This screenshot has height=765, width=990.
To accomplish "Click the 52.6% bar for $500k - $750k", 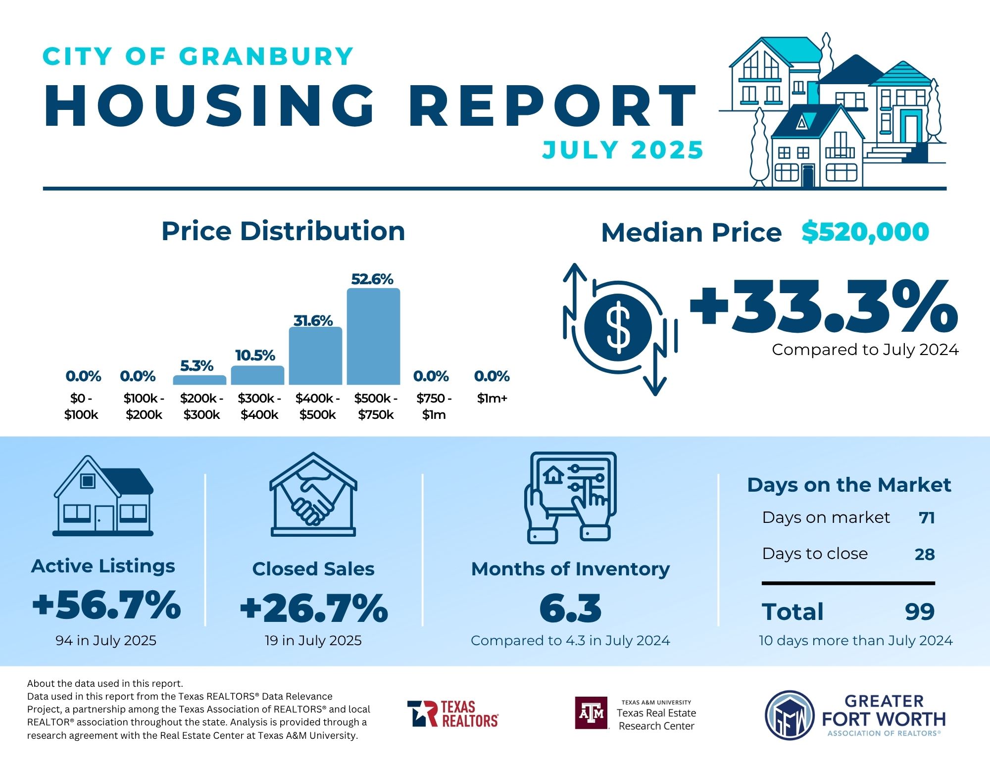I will pyautogui.click(x=373, y=337).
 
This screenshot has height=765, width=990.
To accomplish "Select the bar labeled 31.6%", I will pyautogui.click(x=315, y=356).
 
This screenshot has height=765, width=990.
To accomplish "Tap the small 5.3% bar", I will pyautogui.click(x=199, y=380).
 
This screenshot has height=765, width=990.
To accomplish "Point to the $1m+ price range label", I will pyautogui.click(x=492, y=398).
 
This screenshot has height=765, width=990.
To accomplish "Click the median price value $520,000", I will pyautogui.click(x=865, y=232).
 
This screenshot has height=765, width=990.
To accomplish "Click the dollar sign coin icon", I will pyautogui.click(x=618, y=327).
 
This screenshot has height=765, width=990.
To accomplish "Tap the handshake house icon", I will pyautogui.click(x=313, y=495).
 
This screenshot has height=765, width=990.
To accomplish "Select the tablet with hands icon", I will pyautogui.click(x=571, y=497).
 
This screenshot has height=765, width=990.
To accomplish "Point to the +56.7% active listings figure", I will pyautogui.click(x=106, y=605).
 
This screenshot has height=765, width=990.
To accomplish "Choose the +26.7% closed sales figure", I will pyautogui.click(x=314, y=608).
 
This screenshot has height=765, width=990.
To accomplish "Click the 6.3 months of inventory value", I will pyautogui.click(x=570, y=608).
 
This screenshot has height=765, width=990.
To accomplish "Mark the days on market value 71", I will pyautogui.click(x=927, y=518).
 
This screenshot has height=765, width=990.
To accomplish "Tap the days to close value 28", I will pyautogui.click(x=925, y=554).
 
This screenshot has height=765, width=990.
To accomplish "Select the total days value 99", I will pyautogui.click(x=920, y=612).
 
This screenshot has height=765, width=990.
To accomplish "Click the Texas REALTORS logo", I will pyautogui.click(x=453, y=714).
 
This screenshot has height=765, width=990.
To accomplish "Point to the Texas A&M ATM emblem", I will pyautogui.click(x=592, y=713).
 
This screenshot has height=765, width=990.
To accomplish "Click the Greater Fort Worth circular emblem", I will pyautogui.click(x=790, y=715).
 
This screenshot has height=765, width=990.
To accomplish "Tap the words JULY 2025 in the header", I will pyautogui.click(x=623, y=150).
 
